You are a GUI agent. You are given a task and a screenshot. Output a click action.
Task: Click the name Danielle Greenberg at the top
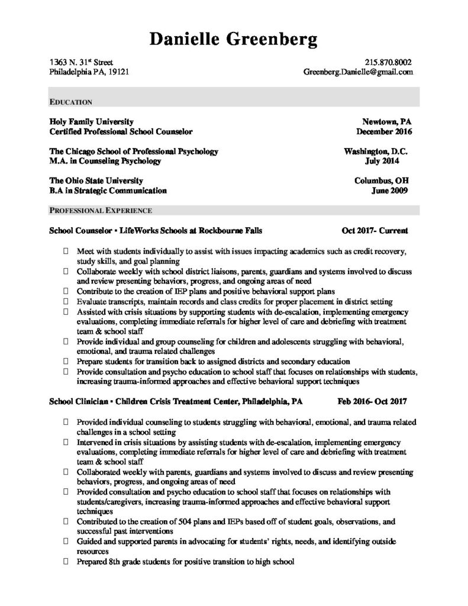click(234, 39)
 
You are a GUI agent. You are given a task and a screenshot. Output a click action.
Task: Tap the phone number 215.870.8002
click(389, 62)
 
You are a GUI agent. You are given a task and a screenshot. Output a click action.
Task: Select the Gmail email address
click(357, 72)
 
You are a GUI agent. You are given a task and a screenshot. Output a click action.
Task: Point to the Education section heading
click(70, 102)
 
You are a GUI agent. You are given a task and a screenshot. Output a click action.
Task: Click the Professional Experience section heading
click(101, 210)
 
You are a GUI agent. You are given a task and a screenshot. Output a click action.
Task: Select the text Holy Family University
click(92, 121)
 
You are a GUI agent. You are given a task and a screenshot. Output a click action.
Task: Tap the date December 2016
click(385, 131)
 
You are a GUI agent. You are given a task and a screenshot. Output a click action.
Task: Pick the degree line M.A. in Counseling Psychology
click(105, 160)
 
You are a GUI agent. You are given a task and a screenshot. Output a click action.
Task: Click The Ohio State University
click(96, 180)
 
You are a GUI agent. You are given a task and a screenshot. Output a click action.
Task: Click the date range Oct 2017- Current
click(375, 230)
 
